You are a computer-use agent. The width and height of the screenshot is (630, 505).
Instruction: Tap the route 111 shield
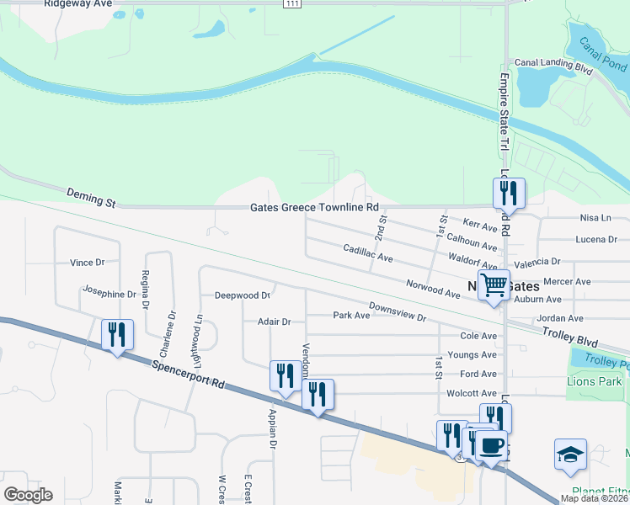coord(291,4)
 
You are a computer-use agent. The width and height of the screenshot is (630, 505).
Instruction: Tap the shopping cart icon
coord(494,284)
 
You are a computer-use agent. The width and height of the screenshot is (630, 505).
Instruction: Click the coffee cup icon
coord(491,445)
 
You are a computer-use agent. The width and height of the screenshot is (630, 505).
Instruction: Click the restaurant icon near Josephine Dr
coord(116,334)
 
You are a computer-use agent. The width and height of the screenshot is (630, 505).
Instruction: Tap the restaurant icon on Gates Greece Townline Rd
coord(509,193)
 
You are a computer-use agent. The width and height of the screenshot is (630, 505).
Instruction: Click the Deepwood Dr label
coord(242,295)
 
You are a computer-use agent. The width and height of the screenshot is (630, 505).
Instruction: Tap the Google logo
coord(28,495)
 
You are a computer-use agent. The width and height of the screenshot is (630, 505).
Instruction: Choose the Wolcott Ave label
coord(478,393)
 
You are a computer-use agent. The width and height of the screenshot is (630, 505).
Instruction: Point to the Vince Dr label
coord(87,263)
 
